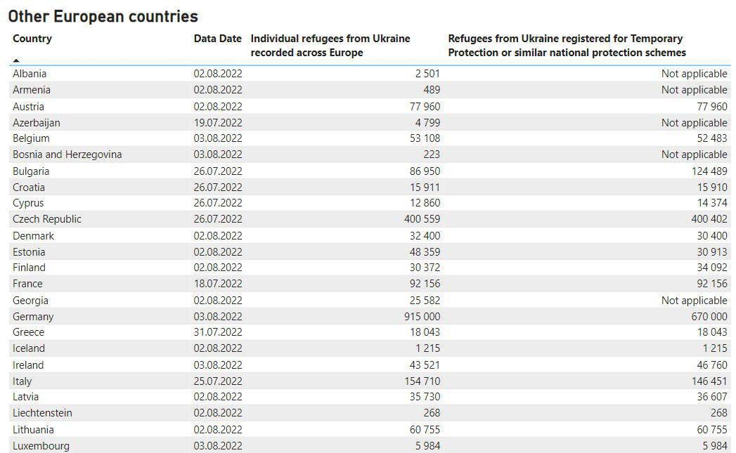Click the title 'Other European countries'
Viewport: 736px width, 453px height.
click(103, 16)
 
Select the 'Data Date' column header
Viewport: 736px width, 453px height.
click(217, 39)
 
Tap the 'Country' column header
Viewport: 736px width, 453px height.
click(32, 39)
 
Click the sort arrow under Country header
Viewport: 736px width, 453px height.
click(16, 61)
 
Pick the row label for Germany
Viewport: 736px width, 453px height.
click(33, 317)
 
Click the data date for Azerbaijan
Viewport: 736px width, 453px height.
click(217, 123)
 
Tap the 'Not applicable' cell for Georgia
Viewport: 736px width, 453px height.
click(694, 301)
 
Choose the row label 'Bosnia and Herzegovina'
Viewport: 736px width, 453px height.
click(67, 155)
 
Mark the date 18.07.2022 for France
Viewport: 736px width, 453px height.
click(217, 284)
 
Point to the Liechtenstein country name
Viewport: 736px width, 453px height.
click(42, 413)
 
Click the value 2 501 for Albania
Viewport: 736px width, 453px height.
click(427, 74)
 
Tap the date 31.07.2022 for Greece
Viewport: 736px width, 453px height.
click(217, 332)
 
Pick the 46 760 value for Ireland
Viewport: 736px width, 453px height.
click(709, 365)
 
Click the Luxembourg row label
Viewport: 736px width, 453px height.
click(41, 446)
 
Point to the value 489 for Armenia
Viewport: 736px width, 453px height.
click(432, 90)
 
